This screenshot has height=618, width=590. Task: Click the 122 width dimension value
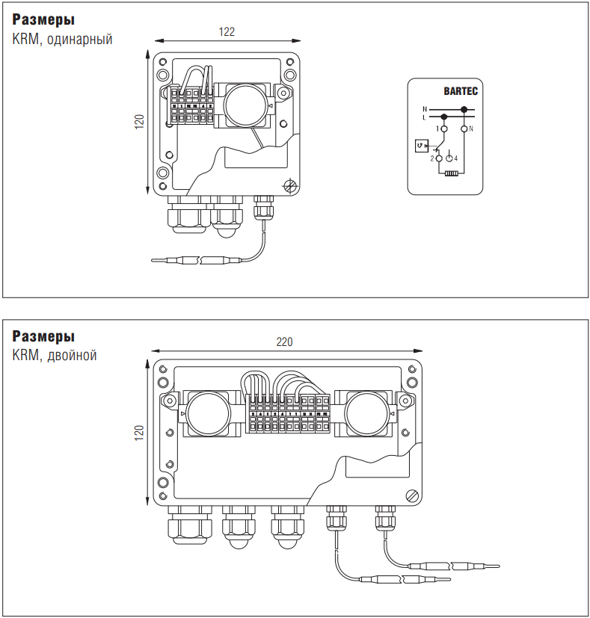[227, 31]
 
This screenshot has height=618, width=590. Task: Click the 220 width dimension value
[285, 342]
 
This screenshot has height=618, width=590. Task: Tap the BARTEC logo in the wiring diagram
[460, 92]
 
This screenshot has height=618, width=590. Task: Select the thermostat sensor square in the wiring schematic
[422, 145]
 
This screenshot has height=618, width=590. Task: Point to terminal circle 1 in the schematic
[444, 129]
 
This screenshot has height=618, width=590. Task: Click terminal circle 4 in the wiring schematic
[449, 158]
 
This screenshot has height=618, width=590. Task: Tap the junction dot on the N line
[464, 110]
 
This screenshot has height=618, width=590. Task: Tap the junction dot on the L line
[444, 117]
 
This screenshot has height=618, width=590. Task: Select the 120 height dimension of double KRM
[139, 433]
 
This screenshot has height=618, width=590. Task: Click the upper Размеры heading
[43, 20]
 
